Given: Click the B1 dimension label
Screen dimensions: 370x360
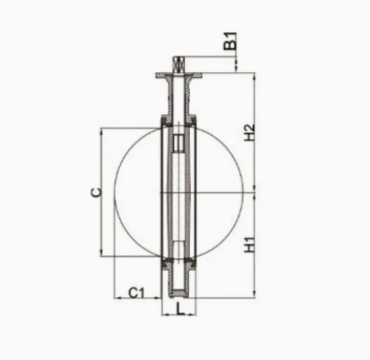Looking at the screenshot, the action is [230, 41].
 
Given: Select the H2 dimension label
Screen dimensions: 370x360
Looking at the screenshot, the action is [250, 132].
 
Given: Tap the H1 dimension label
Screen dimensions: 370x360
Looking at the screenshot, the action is [250, 245].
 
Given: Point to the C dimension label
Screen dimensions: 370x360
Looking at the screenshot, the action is [96, 192].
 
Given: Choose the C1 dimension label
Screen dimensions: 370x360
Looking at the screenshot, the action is [136, 293].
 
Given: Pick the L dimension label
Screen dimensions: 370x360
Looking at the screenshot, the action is [180, 309].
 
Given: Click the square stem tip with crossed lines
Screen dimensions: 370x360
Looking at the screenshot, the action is [179, 65].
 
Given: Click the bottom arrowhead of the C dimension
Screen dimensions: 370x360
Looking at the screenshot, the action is [102, 253].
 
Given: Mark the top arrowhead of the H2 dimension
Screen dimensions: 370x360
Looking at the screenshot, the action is [255, 76].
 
